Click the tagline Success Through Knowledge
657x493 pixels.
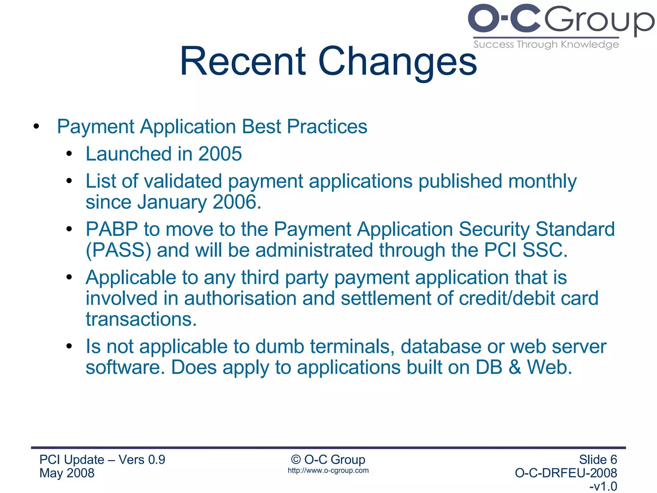546,44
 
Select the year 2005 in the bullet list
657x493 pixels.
220,154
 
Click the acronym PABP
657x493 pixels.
112,229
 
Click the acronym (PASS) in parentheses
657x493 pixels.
118,250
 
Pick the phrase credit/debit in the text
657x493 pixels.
507,298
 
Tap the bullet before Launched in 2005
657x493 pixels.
69,154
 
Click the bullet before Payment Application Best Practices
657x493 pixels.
36,127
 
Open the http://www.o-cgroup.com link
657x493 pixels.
328,471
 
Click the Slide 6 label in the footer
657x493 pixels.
598,460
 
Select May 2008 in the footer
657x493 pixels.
67,473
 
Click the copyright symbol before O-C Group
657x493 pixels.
295,460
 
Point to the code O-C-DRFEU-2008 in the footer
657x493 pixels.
566,473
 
